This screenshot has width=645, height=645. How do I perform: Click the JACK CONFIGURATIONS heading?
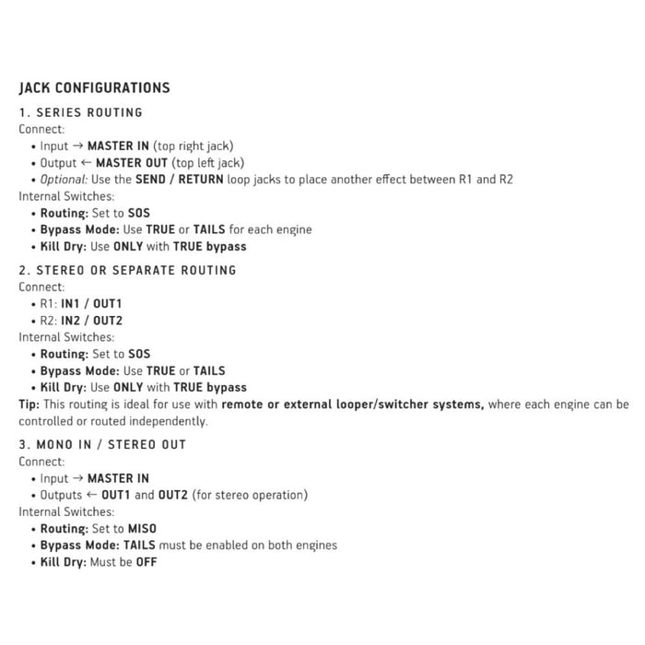94,88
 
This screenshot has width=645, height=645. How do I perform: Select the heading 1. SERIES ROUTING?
81,112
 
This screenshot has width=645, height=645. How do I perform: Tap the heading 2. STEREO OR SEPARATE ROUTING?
127,270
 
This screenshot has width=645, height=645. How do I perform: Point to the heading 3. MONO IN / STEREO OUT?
102,444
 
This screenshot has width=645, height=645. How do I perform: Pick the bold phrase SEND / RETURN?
179,179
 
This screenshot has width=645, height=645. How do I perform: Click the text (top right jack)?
193,146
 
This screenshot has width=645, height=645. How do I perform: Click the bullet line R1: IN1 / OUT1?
81,304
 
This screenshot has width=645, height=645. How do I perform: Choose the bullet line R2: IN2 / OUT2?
81,321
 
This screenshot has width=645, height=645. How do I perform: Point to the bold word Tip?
29,405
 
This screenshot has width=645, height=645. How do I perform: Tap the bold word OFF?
145,561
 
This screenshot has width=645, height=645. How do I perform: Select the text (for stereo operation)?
252,495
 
